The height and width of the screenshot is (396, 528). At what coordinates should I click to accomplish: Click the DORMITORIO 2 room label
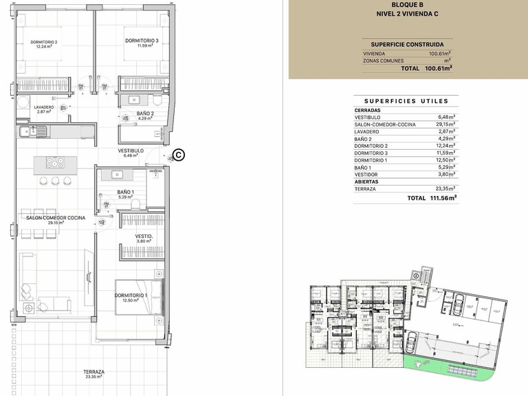coord(43,43)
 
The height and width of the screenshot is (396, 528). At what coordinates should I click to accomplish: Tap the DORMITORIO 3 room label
coord(142,41)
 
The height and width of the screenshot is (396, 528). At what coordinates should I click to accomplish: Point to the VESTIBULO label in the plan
coord(131,151)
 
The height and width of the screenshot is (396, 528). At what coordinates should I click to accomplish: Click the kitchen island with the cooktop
coord(54,163)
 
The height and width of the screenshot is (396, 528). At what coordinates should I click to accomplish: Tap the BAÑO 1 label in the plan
coord(125,193)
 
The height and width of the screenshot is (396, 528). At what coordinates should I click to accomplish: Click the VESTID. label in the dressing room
coord(143,237)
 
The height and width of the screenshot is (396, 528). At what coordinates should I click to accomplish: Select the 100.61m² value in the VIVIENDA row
coord(439,54)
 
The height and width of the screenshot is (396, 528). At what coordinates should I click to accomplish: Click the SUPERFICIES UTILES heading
coord(406,100)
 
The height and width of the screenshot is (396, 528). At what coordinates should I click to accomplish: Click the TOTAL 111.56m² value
coord(442,197)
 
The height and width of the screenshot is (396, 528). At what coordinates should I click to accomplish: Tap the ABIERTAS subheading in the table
coord(366,181)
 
